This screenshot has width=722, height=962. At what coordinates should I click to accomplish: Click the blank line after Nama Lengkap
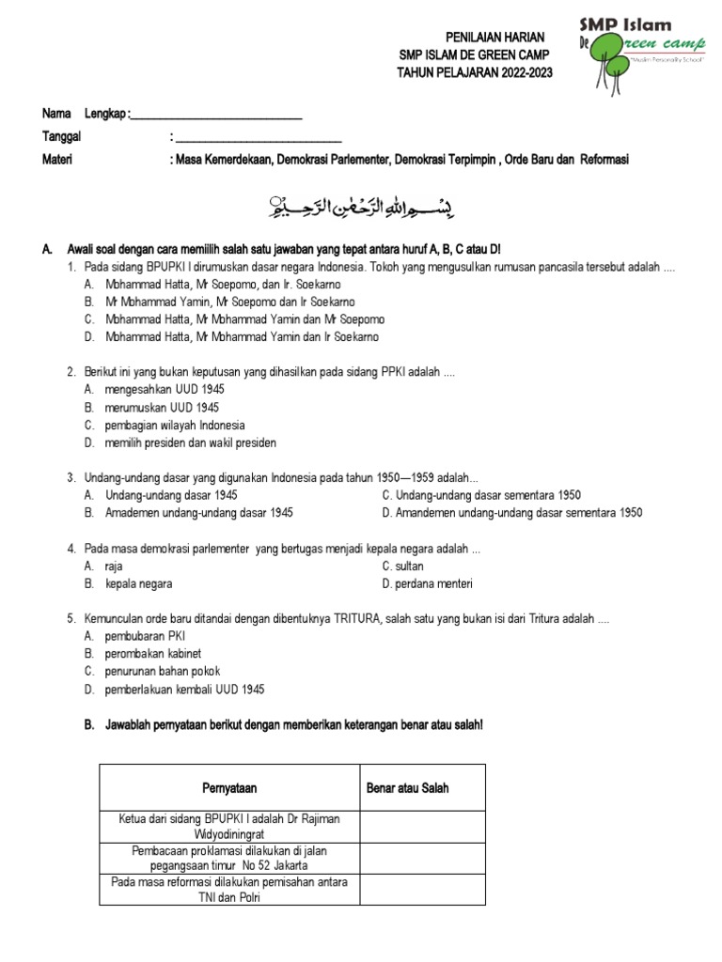pyautogui.click(x=215, y=114)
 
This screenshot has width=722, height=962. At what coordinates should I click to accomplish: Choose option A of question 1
pyautogui.click(x=223, y=284)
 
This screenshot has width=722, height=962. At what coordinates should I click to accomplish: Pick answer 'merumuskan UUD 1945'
pyautogui.click(x=162, y=408)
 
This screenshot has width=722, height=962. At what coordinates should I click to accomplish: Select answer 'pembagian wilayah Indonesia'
pyautogui.click(x=174, y=426)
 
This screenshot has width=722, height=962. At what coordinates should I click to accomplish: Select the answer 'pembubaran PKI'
pyautogui.click(x=145, y=636)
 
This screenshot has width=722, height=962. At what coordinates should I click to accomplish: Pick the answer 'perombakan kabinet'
pyautogui.click(x=153, y=654)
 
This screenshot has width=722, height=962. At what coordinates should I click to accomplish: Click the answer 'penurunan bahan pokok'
pyautogui.click(x=161, y=672)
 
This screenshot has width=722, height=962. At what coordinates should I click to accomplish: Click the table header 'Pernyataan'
pyautogui.click(x=229, y=788)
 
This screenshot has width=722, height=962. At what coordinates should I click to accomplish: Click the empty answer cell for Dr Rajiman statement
pyautogui.click(x=422, y=827)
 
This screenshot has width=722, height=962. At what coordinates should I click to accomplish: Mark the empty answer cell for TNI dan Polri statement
pyautogui.click(x=422, y=890)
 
